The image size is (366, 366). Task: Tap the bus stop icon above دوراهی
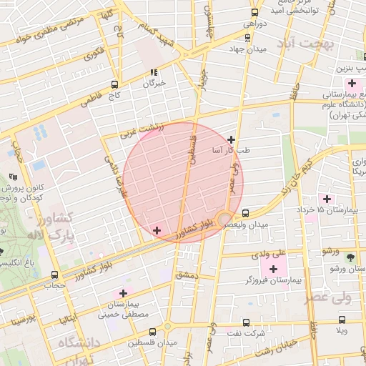tap(255, 12)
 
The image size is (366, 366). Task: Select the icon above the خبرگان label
tap(154, 72)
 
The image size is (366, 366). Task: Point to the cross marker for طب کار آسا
tap(231, 140)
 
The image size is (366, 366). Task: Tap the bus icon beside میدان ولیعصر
tap(246, 213)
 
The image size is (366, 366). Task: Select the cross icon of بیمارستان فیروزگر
tap(272, 268)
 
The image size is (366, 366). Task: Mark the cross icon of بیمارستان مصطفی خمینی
tap(124, 293)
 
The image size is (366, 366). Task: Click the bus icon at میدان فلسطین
tap(152, 332)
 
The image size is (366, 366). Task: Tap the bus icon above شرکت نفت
tap(247, 323)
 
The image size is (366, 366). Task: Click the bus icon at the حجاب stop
tap(54, 274)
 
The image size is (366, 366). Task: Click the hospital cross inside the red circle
tap(157, 230)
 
